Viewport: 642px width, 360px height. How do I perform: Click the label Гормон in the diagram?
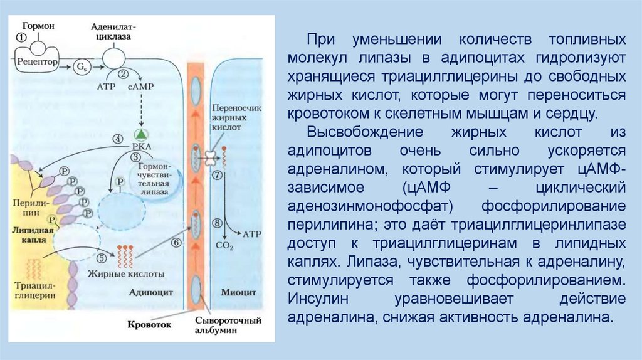coord(39,26)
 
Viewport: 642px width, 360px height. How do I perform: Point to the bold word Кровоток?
coord(149,326)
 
